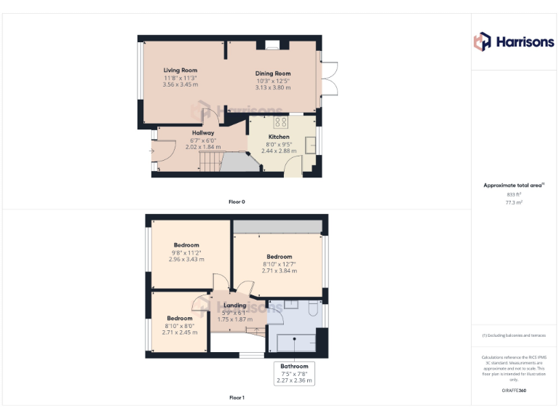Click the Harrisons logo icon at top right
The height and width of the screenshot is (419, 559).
pos(483,41)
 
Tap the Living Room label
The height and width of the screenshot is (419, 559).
pos(181,71)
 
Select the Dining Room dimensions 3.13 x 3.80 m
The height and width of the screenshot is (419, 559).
pos(273,88)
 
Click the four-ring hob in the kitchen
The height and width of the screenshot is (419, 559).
pos(279,121)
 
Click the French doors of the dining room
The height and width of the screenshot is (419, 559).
pos(330,78)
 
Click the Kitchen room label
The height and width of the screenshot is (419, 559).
pos(279,137)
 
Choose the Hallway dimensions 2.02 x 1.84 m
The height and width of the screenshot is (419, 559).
pos(202,147)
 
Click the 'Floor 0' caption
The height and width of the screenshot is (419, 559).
pos(237,201)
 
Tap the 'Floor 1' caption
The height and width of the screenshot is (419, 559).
pos(237,398)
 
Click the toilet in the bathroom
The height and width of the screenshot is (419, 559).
pos(313,308)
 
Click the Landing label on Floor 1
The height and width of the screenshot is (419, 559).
pos(234,306)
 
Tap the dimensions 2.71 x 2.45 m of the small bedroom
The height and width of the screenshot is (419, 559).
pos(179,332)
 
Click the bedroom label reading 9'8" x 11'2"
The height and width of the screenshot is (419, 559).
pos(186,252)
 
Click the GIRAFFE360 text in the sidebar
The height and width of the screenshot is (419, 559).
pos(515,391)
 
